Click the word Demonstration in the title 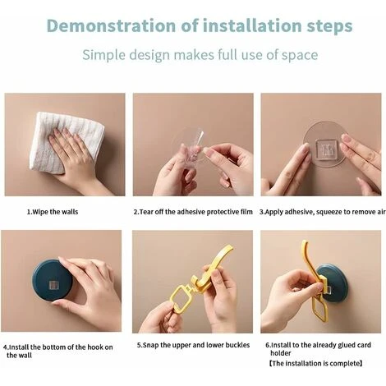tap(111, 25)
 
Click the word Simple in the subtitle tap(103, 55)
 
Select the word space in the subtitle tap(300, 56)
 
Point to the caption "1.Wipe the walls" tap(53, 212)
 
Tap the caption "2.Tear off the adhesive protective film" tap(193, 212)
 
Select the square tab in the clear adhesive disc tap(325, 149)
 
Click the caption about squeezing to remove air tap(323, 212)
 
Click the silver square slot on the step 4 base tap(54, 285)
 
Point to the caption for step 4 tap(57, 352)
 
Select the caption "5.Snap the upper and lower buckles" tap(193, 345)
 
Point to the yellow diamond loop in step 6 tap(319, 309)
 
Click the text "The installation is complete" tap(316, 364)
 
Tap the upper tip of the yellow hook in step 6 tap(304, 241)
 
